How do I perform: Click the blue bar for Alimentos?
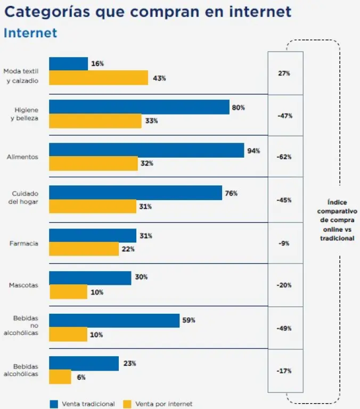coord(146,150)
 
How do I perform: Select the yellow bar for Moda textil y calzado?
coord(99,78)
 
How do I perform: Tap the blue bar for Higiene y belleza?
coord(139,107)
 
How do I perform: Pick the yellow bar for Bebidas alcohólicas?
coord(60,377)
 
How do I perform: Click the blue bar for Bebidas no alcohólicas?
coord(114,320)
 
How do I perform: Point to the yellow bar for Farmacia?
coord(84,249)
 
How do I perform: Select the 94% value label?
coord(253,151)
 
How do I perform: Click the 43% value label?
coord(159,78)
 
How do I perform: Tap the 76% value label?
coord(231,193)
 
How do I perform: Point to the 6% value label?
coord(80,377)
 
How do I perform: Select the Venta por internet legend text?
coord(163,404)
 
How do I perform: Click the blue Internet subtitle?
coord(30,32)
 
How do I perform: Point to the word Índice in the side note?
coord(337,201)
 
